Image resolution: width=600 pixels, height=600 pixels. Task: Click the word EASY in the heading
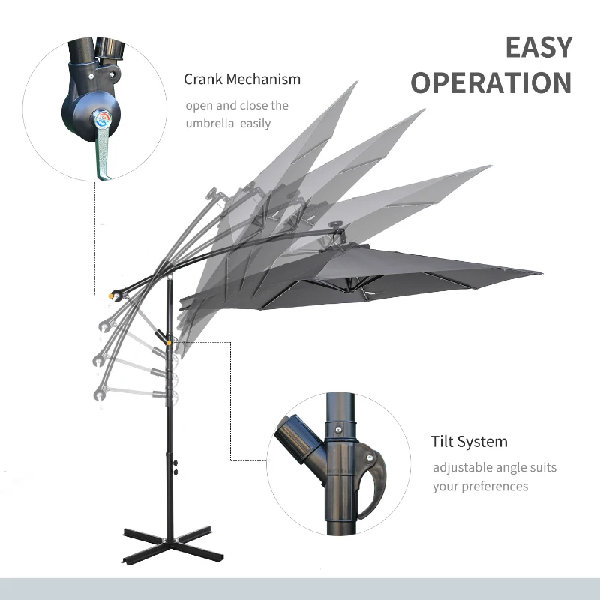(x=538, y=47)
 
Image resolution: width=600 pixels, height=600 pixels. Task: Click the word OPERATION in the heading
(x=491, y=82)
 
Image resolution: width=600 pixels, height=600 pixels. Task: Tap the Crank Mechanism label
(x=241, y=79)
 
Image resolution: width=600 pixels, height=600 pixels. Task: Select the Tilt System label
(x=469, y=442)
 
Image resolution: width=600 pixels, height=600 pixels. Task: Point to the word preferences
(x=490, y=486)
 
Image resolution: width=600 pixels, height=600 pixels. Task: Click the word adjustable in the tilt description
(x=462, y=467)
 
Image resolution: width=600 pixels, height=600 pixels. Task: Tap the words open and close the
(x=236, y=106)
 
